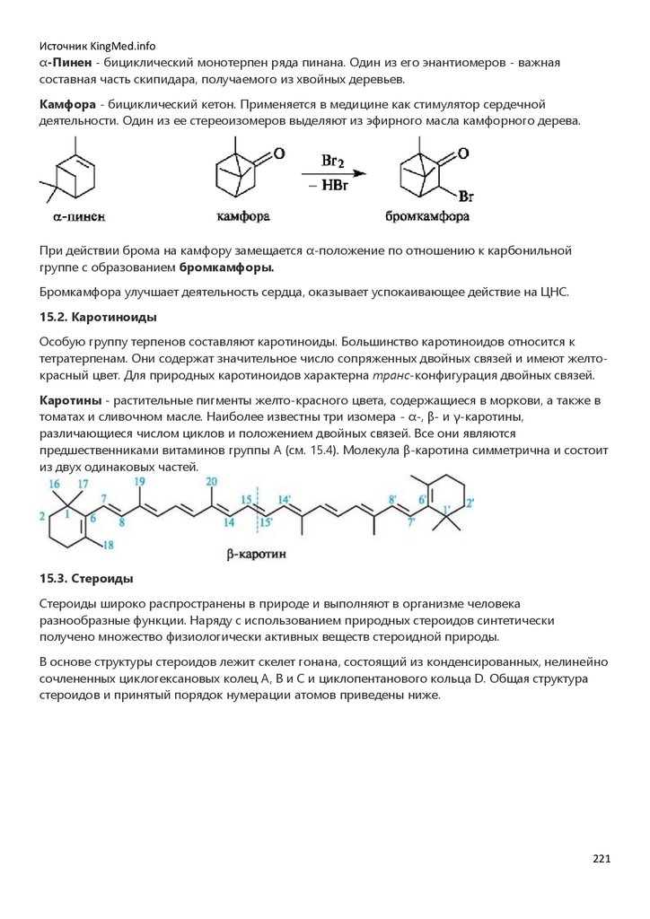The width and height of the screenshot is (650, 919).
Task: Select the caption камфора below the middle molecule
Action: (x=243, y=216)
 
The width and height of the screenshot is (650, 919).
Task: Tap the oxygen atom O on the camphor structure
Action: (x=280, y=154)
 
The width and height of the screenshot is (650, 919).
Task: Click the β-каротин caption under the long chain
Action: (x=257, y=555)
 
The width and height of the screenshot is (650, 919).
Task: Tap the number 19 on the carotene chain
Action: (x=139, y=482)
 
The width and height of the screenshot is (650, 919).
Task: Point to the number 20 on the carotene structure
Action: (x=211, y=482)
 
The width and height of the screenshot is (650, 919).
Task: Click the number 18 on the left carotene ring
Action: (x=107, y=545)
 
